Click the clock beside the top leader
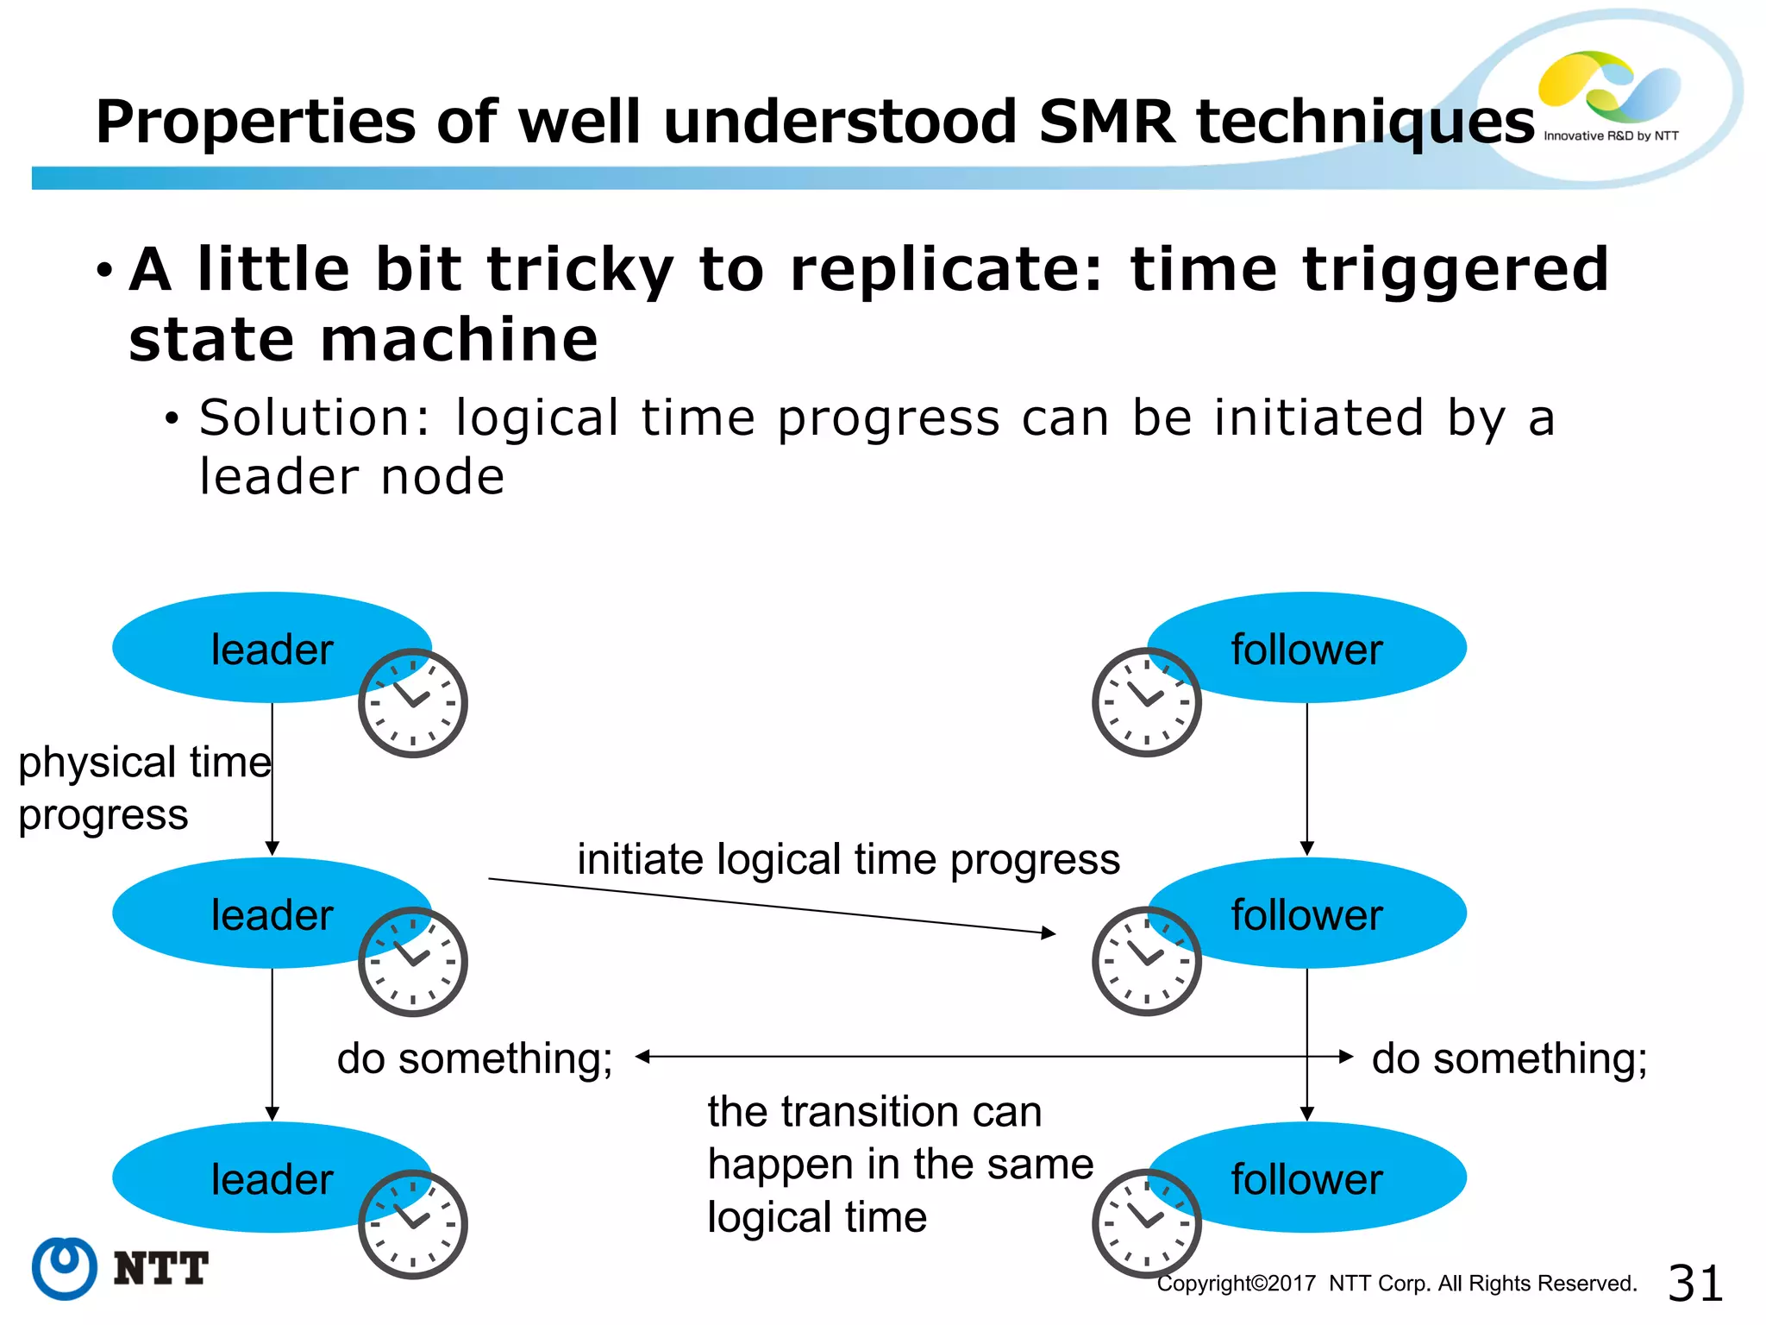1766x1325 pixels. click(x=413, y=703)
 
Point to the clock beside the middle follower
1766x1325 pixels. click(x=1146, y=960)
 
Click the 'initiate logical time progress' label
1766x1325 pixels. click(x=848, y=859)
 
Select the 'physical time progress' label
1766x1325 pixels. click(x=143, y=788)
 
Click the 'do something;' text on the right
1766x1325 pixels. click(x=1509, y=1058)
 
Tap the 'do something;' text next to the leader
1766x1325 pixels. click(x=474, y=1058)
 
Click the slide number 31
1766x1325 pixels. click(x=1695, y=1283)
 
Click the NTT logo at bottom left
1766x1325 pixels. click(x=120, y=1268)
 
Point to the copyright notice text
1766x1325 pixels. click(x=1396, y=1284)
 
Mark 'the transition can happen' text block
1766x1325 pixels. click(x=899, y=1164)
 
